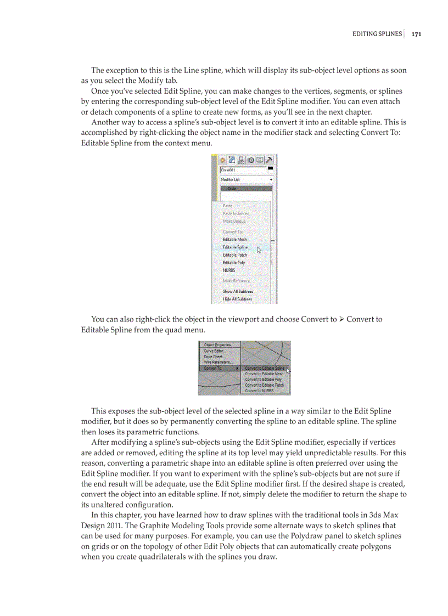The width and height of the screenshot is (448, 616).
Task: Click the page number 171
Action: click(x=416, y=34)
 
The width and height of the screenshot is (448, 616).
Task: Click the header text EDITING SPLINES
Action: click(x=377, y=34)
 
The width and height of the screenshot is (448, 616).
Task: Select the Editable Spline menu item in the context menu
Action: click(x=235, y=247)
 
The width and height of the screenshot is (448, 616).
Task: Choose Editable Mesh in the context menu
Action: click(x=234, y=240)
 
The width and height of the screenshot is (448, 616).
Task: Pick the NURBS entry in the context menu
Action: click(x=228, y=270)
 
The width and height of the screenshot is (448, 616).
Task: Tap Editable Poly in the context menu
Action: click(x=234, y=263)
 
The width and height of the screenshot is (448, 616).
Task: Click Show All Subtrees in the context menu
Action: click(x=238, y=291)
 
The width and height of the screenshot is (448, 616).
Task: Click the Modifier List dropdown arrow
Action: click(x=271, y=180)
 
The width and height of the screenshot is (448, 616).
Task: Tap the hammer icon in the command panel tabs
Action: click(x=270, y=160)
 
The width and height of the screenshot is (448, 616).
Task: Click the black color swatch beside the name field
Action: click(x=271, y=168)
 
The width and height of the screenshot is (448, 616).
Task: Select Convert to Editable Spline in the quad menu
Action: click(x=265, y=368)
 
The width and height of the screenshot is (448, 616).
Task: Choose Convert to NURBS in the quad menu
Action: click(x=259, y=391)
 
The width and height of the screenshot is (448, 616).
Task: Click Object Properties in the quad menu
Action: click(x=217, y=345)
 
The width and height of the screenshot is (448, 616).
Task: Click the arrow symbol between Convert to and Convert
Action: click(x=341, y=319)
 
